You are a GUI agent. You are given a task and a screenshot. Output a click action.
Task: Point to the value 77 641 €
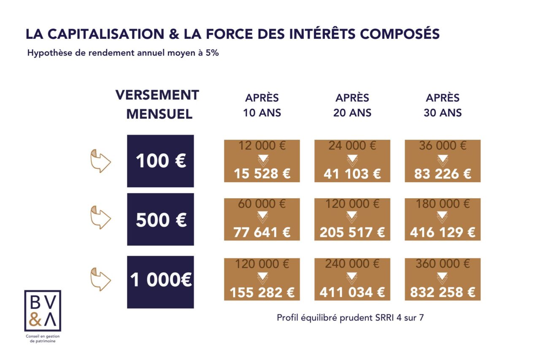[262, 232]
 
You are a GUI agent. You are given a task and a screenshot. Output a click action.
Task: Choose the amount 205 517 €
[352, 232]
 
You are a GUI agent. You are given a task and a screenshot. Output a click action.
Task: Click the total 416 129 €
[443, 232]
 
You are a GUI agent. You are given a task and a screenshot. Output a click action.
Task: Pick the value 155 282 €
[262, 292]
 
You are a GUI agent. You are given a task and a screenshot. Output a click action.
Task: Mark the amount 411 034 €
[352, 292]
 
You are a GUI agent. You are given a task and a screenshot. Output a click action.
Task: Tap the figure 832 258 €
[443, 292]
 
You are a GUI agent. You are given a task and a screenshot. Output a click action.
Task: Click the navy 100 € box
[160, 161]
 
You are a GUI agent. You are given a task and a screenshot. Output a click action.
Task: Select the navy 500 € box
[160, 219]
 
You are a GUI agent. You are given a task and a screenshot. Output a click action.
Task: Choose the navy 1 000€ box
[160, 282]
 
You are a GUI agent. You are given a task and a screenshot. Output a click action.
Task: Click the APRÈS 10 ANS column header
[262, 106]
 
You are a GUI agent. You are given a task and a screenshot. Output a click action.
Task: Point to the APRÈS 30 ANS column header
[443, 106]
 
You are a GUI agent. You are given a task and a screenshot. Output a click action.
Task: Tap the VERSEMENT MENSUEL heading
[157, 104]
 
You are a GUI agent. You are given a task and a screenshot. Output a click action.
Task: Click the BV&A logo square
[43, 311]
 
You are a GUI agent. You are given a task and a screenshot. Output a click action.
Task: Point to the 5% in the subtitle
[212, 54]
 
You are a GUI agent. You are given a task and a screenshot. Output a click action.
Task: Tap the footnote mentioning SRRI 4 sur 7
[350, 318]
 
